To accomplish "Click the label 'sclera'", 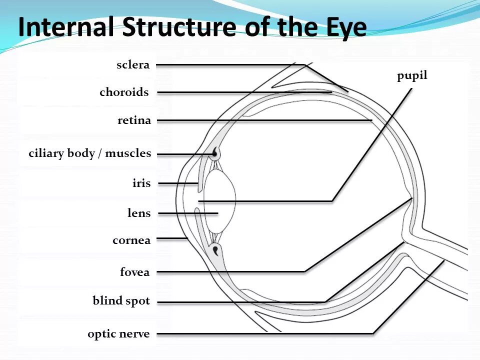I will click(133, 65).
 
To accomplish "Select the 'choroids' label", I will click(124, 92).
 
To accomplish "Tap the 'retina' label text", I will click(134, 120).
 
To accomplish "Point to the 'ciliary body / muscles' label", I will click(89, 153).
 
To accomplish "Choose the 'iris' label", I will click(141, 183).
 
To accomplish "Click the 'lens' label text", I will click(139, 213).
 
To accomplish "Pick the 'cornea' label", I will click(131, 240).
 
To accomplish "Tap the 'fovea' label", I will click(134, 272).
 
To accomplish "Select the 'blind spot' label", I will click(121, 301).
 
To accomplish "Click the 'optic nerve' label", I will click(118, 334).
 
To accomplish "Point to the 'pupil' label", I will click(412, 76).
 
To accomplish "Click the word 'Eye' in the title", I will click(342, 27).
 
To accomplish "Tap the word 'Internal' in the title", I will click(66, 27).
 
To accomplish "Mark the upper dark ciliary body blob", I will click(215, 153).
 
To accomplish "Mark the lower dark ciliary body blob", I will click(215, 249).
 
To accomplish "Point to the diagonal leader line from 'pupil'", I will click(372, 145).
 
